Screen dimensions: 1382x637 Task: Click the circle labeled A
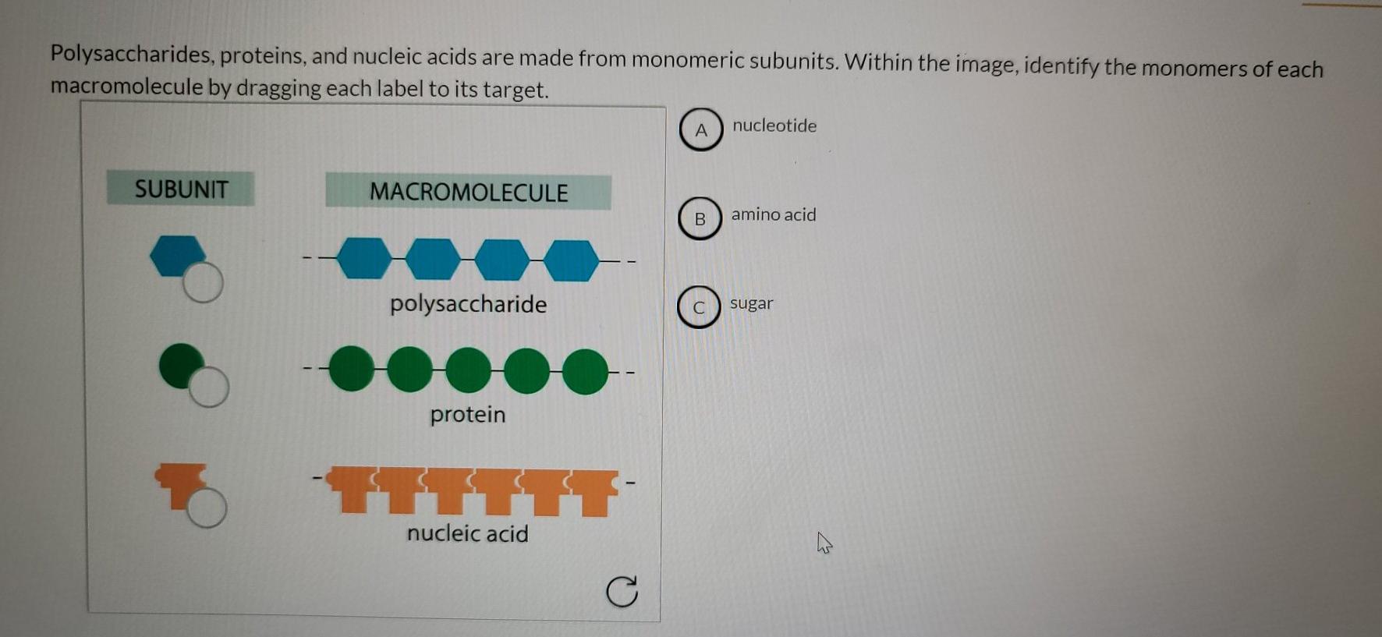tap(701, 129)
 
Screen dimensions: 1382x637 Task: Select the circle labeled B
tap(700, 219)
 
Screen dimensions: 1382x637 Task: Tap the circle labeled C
tap(699, 307)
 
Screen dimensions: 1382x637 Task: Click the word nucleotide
tap(774, 126)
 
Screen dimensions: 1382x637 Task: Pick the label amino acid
tap(774, 214)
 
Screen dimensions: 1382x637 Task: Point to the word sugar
tap(751, 303)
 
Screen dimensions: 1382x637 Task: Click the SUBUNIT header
tap(181, 189)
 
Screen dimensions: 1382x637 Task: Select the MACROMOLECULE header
tap(468, 192)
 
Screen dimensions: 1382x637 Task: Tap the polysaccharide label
tap(468, 303)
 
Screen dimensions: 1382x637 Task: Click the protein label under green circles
tap(468, 414)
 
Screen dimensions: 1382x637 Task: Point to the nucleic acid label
tap(468, 533)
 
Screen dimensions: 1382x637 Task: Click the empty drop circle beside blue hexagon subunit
tap(204, 282)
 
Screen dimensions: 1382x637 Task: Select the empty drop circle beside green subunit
tap(209, 387)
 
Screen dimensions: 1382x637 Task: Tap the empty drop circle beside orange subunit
tap(207, 508)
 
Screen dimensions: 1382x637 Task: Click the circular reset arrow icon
tap(622, 592)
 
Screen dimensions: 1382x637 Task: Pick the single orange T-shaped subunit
tap(181, 480)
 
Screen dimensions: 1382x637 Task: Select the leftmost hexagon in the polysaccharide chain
tap(364, 259)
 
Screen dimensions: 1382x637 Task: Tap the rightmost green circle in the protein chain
tap(585, 371)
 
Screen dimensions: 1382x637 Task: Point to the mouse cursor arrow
tap(824, 543)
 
